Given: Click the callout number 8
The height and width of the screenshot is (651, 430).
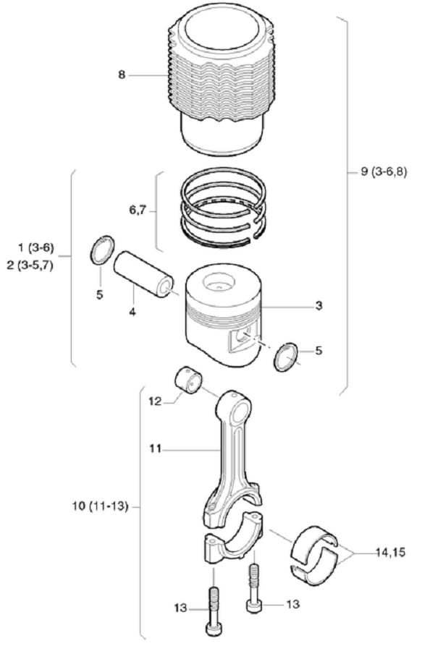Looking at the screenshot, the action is (122, 75).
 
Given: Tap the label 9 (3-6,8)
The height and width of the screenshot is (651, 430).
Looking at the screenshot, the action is (384, 171).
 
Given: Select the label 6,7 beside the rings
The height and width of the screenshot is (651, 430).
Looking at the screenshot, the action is (137, 210).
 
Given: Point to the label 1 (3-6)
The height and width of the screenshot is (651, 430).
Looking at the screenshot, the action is (36, 248).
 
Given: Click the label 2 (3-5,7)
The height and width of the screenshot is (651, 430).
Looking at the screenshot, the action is (30, 265).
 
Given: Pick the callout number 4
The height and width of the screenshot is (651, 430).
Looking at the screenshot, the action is (132, 311).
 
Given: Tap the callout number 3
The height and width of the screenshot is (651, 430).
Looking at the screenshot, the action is (319, 306).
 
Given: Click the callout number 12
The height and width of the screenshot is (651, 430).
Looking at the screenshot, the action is (154, 402).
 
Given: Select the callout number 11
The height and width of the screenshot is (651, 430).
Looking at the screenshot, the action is (155, 448).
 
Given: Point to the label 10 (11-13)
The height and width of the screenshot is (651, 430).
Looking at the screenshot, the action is (100, 506).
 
